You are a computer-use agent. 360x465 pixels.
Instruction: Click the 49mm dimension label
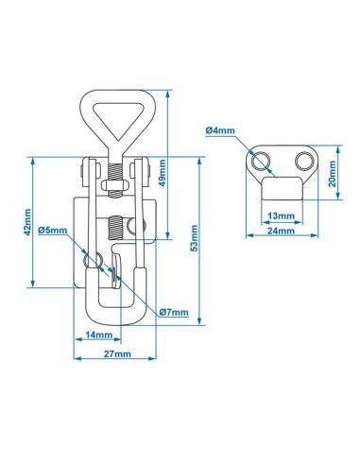(163, 173)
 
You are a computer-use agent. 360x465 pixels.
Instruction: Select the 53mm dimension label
(195, 238)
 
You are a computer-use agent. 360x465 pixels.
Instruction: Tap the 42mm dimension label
(27, 222)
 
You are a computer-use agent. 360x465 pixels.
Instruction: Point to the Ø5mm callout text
(53, 231)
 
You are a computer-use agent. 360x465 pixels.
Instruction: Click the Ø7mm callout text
(174, 312)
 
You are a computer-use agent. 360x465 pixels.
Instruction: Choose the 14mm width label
(99, 335)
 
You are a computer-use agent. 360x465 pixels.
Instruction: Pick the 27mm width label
(117, 353)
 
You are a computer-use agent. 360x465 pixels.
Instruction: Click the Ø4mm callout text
(220, 130)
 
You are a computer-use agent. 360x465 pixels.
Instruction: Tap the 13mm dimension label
(282, 216)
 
